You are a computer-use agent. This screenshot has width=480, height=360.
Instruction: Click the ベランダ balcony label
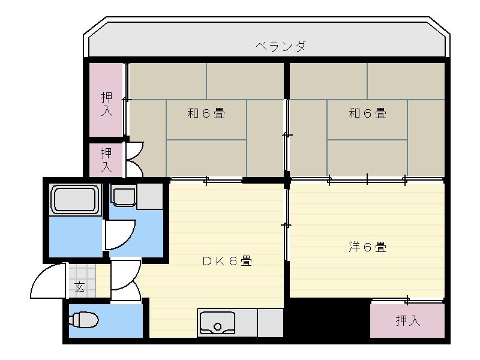tap(280, 46)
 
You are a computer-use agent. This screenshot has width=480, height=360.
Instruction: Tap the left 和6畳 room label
tap(206, 112)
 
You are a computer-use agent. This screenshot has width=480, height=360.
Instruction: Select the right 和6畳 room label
tap(367, 112)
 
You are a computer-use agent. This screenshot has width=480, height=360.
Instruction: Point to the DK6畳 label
tap(226, 261)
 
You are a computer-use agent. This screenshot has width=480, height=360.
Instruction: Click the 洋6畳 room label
tap(367, 247)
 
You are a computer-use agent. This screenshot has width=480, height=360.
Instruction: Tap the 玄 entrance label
tap(79, 286)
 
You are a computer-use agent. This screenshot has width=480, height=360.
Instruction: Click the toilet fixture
tap(84, 320)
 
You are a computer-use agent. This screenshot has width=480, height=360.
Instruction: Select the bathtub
tap(75, 199)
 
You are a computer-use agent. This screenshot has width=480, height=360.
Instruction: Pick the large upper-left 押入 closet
tap(106, 99)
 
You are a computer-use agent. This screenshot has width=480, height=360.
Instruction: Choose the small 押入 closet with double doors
tap(106, 160)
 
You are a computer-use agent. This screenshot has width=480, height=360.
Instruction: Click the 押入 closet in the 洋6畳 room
tap(407, 320)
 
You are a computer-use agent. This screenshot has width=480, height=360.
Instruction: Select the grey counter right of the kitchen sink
tap(270, 323)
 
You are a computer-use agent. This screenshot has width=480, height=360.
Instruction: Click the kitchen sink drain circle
tap(217, 327)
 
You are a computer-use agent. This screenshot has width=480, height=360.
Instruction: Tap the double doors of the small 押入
tap(134, 159)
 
